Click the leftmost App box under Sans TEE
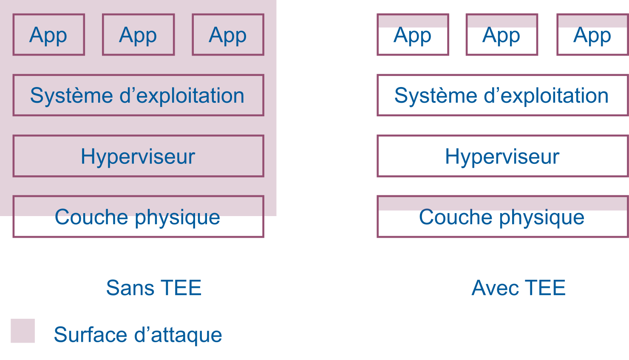pyautogui.click(x=48, y=35)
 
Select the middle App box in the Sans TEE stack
pyautogui.click(x=138, y=35)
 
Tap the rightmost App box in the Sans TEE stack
pyautogui.click(x=228, y=35)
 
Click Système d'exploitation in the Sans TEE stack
pyautogui.click(x=138, y=96)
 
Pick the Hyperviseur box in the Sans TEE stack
pyautogui.click(x=138, y=156)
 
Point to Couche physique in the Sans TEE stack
pyautogui.click(x=138, y=217)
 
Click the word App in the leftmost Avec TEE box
pyautogui.click(x=412, y=36)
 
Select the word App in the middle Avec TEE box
pyautogui.click(x=501, y=36)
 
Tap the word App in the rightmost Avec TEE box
pyautogui.click(x=592, y=36)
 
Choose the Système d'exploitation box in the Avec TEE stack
pyautogui.click(x=502, y=96)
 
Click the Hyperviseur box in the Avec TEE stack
pyautogui.click(x=502, y=156)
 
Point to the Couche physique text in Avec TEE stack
pyautogui.click(x=501, y=217)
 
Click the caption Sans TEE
pyautogui.click(x=154, y=288)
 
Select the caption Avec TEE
pyautogui.click(x=518, y=288)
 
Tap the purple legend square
pyautogui.click(x=23, y=331)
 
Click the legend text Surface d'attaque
pyautogui.click(x=138, y=335)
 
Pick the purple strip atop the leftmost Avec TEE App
pyautogui.click(x=413, y=20)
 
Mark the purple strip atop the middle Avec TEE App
pyautogui.click(x=502, y=20)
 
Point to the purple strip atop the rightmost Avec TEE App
pyautogui.click(x=592, y=20)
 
